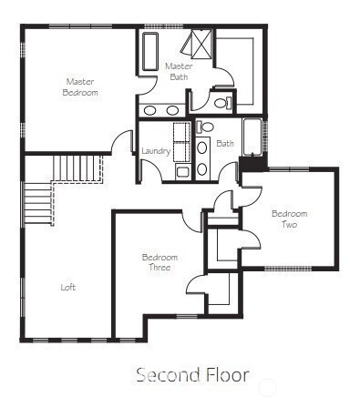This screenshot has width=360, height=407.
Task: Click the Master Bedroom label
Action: [80, 87]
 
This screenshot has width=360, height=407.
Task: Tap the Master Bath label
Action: [179, 71]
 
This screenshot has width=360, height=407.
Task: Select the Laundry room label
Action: [156, 151]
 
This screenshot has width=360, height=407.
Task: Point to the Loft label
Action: [68, 287]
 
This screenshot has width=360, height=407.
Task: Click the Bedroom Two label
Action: [289, 219]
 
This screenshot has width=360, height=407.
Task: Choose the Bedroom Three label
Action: [159, 262]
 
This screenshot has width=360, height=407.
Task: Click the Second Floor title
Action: [193, 374]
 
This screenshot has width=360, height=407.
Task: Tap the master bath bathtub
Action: [150, 52]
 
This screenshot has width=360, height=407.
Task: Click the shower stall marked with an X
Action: [201, 43]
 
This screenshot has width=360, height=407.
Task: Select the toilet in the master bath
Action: [223, 103]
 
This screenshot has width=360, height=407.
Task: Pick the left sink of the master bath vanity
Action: [149, 110]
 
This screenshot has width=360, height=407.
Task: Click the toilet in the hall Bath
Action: [205, 127]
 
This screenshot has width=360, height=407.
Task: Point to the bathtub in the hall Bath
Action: [252, 137]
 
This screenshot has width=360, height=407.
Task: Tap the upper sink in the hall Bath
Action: [202, 148]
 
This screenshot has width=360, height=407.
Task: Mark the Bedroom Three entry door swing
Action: [191, 221]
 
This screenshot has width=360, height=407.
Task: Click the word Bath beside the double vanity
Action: [225, 143]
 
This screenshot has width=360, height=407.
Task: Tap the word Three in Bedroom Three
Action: [159, 268]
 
